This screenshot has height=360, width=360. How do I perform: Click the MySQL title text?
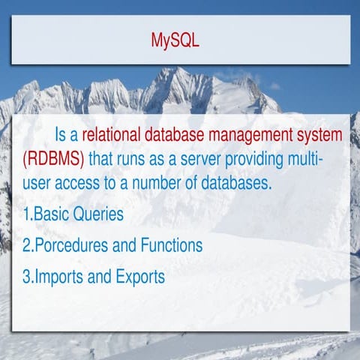coord(175,40)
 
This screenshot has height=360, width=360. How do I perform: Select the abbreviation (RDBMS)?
coord(52,160)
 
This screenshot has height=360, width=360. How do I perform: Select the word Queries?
coord(96,214)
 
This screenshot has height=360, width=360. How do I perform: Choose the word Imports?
coord(61,276)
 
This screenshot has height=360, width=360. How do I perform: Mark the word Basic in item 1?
coord(50,214)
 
